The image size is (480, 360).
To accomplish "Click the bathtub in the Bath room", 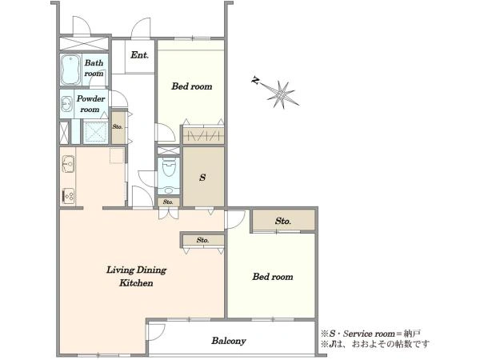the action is (70, 70).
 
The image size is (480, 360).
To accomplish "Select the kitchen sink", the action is (68, 164).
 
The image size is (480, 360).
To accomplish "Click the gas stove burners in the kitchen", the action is (68, 195).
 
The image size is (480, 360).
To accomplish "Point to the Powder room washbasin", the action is (66, 104).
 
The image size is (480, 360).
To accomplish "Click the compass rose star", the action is (282, 94).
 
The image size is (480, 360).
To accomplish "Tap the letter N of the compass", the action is (254, 81).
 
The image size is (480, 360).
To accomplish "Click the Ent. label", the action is (139, 55).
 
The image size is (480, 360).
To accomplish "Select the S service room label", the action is (202, 178).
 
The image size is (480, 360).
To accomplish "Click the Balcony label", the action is (229, 341).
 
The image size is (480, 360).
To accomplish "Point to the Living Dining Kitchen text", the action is (136, 277).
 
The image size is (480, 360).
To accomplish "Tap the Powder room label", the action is (90, 104).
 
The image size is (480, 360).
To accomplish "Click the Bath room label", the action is (94, 68).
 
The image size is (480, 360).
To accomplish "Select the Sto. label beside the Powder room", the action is (118, 126).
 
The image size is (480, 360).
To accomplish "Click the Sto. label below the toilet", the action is (168, 202).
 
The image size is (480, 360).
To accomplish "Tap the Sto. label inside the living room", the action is (202, 240).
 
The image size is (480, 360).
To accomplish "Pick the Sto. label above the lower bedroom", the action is (283, 221).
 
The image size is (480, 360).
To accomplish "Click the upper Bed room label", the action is (192, 86).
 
